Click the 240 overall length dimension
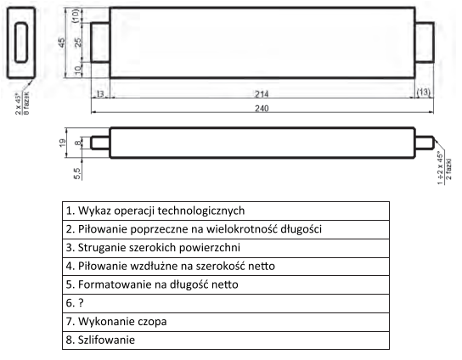(262, 109)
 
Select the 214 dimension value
(262, 94)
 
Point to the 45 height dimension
(62, 42)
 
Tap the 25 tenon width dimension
(78, 42)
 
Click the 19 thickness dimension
(63, 143)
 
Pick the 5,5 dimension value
(77, 173)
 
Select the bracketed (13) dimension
(424, 92)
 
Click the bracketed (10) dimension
(76, 15)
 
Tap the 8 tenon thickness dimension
(77, 143)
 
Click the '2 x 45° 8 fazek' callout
(22, 104)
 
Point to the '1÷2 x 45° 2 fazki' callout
(444, 168)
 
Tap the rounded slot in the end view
(21, 42)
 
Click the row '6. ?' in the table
(226, 303)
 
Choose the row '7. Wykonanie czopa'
(226, 322)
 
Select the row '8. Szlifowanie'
(226, 340)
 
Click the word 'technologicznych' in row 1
(201, 211)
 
